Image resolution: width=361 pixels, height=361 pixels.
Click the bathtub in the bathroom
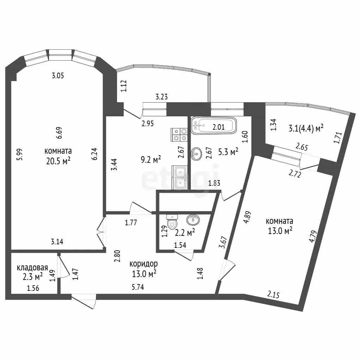pos(214,126)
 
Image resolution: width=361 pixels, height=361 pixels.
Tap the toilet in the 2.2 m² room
pos(172,222)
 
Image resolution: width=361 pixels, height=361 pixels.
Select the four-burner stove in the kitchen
pos(179,135)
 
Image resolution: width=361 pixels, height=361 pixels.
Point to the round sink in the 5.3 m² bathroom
pos(196,154)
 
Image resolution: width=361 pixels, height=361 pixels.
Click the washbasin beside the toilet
pos(193,220)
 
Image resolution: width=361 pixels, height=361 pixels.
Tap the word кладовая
pos(32,268)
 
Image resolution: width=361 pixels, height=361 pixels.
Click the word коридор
pos(143,264)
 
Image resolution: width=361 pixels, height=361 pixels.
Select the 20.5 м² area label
pos(58,161)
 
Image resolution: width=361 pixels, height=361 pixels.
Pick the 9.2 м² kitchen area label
pos(151,159)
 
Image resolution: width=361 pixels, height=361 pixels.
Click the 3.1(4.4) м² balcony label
pos(306,128)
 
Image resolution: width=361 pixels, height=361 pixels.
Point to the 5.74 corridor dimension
pos(138,287)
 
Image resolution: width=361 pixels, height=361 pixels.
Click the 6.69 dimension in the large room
pos(59,133)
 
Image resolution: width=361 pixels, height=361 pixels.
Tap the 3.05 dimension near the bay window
pos(58,75)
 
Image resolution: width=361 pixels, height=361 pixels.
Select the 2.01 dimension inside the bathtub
pos(219,127)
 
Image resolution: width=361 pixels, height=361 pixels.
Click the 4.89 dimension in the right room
pos(248,217)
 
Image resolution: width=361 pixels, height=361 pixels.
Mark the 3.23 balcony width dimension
pos(161,97)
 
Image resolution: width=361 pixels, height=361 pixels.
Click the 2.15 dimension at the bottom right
pos(273,294)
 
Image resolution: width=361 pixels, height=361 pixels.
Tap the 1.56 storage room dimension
pos(33,288)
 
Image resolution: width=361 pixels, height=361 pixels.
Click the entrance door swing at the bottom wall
pos(84,301)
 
